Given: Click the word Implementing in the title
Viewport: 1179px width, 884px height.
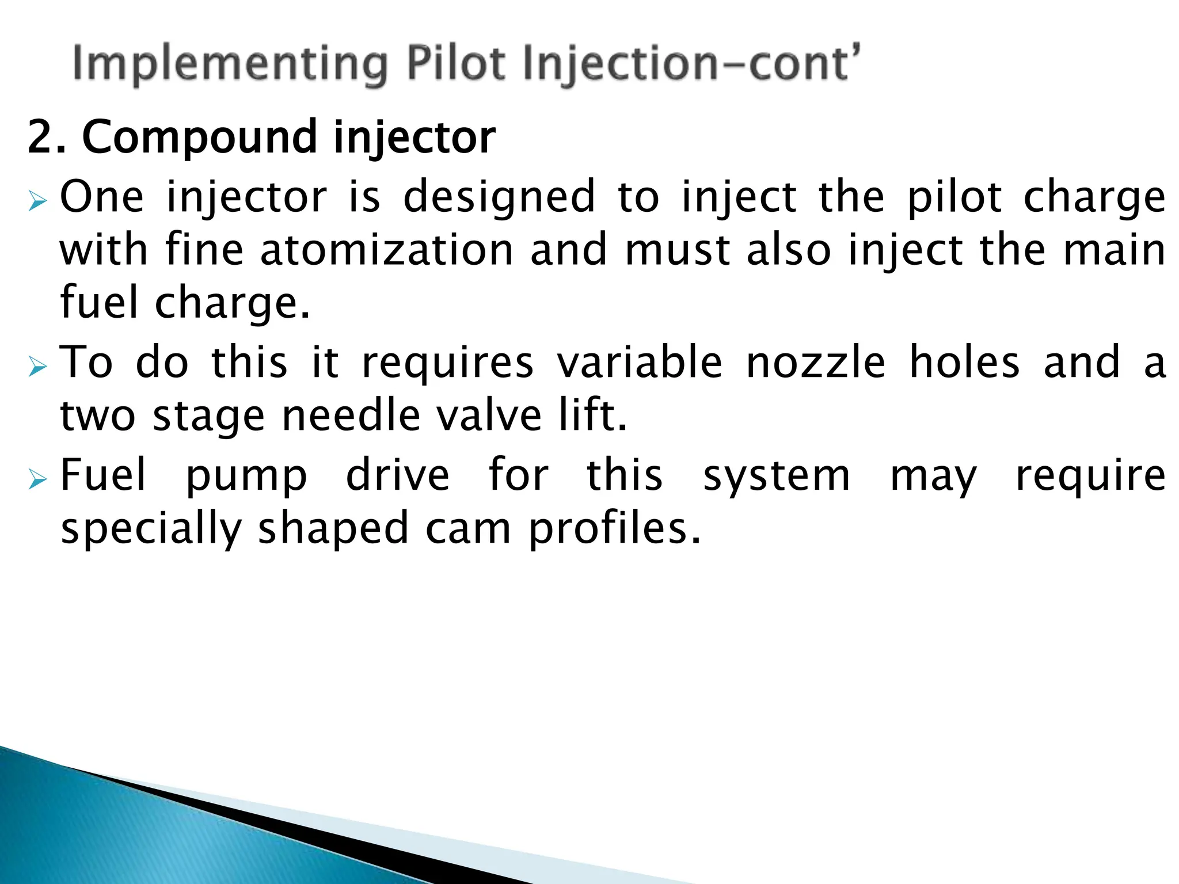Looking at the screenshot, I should coord(230,64).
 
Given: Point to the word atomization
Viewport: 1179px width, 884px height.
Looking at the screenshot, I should coord(386,250).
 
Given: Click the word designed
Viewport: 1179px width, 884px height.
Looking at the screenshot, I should coord(499,197).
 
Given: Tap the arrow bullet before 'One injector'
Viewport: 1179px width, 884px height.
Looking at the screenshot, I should coord(37,201).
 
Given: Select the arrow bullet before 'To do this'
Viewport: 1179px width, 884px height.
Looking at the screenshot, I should coord(37,367).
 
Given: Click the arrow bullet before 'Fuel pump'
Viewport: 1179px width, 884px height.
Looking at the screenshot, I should coord(37,479).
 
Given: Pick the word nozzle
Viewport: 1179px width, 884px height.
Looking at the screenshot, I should coord(815,363).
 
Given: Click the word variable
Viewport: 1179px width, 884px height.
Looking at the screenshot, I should coord(639,363).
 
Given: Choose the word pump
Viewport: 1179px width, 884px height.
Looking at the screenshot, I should coord(246,477).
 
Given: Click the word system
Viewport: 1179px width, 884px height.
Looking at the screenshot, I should coord(776,477).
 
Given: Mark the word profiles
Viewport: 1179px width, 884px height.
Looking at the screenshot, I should coord(614,528).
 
